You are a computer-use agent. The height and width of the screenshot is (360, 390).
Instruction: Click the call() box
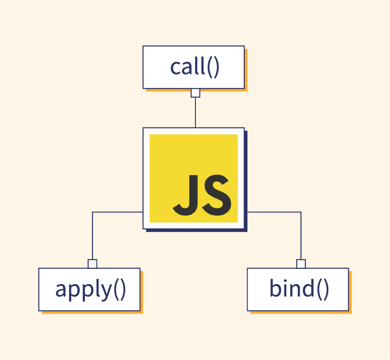coord(194,67)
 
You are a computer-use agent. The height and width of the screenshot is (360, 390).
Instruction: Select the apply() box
coord(89,290)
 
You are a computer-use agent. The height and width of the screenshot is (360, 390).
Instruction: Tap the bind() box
coord(298,290)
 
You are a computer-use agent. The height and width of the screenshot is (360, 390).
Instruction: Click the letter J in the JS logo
coord(186,195)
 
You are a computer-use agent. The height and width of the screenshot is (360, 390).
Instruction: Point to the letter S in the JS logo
coord(217,195)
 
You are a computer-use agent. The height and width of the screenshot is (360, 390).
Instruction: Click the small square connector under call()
coord(195,93)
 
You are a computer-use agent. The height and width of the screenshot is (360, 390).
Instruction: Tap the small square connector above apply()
coord(93,264)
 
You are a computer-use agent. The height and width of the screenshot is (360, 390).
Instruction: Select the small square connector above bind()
coord(301,264)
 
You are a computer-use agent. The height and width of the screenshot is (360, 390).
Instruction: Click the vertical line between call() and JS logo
coord(195,113)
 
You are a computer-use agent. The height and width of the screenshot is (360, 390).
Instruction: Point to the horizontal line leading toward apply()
coord(117,212)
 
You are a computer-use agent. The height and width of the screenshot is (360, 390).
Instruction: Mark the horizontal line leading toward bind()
coord(275,212)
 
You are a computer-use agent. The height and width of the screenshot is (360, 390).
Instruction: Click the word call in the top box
coord(187,66)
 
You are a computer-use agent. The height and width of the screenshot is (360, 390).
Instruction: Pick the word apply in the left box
coord(84,290)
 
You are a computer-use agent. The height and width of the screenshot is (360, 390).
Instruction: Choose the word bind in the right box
coord(292,288)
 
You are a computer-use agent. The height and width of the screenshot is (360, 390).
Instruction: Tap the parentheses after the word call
coord(213,67)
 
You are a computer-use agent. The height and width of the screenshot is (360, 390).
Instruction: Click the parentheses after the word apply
coord(120,290)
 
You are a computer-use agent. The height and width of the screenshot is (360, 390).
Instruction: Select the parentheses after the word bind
coord(323,290)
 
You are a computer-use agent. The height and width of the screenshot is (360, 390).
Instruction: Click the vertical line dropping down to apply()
coord(93,236)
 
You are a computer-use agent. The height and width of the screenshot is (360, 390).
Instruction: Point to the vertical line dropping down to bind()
coord(301,236)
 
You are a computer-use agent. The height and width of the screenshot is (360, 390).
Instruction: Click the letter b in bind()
coord(275,288)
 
